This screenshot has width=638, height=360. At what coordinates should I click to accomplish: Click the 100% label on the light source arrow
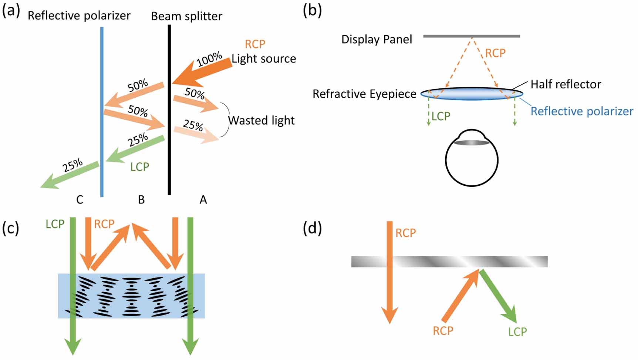(209, 59)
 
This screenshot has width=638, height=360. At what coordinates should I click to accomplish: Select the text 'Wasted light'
(261, 120)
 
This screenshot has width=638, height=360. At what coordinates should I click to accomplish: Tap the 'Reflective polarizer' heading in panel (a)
(79, 16)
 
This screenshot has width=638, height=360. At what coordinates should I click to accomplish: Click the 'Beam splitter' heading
(187, 16)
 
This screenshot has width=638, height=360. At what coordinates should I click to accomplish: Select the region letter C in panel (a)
(80, 200)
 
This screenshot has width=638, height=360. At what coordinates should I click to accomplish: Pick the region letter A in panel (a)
(203, 200)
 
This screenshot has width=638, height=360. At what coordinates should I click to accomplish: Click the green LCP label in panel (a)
(139, 167)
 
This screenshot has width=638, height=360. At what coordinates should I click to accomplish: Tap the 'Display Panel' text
(377, 39)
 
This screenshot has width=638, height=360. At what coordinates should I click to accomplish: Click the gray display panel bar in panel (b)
(472, 36)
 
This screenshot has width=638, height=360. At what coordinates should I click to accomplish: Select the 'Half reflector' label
(566, 84)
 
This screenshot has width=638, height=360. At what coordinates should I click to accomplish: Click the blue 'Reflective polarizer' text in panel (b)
(582, 111)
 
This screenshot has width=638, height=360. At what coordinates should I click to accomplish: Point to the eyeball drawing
(472, 159)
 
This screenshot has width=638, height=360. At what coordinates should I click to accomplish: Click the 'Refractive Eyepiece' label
(364, 94)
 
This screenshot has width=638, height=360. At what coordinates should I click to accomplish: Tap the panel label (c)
(10, 228)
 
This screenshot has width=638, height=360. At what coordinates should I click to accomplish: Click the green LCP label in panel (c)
(55, 224)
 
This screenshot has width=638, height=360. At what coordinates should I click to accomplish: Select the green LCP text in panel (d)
(517, 332)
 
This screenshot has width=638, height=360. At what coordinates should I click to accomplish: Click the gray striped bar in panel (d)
(449, 262)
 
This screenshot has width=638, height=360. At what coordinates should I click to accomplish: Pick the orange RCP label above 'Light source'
(255, 44)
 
